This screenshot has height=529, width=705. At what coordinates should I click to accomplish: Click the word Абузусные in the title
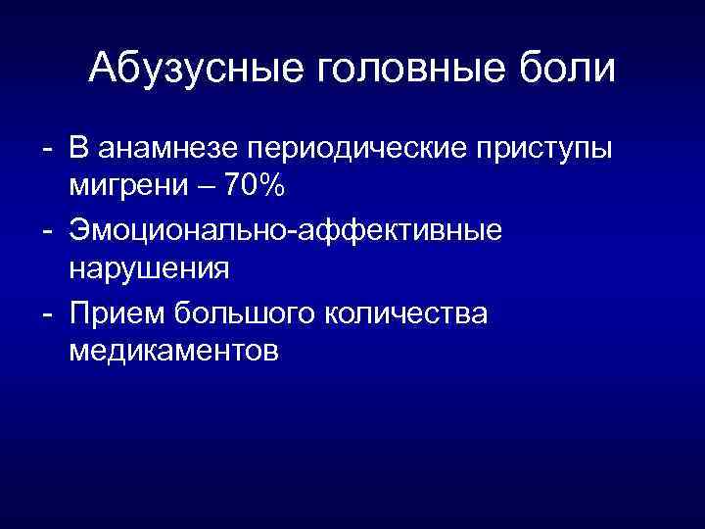click(x=196, y=69)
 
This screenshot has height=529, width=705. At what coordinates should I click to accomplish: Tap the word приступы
click(x=544, y=152)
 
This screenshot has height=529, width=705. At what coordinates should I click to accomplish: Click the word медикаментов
click(x=174, y=350)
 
